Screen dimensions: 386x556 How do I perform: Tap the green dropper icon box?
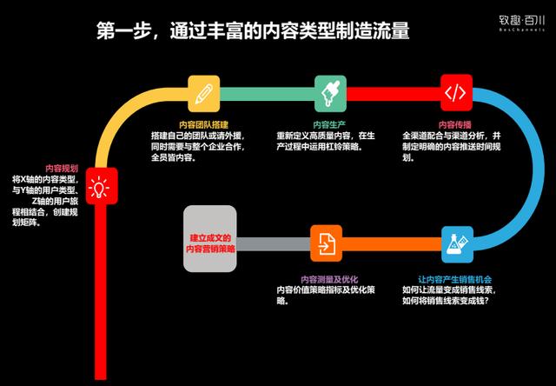tap(330, 91)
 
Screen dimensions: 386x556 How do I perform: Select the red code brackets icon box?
tap(457, 91)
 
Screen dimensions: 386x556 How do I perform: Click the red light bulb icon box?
tap(103, 184)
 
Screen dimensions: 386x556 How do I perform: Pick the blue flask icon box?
tap(457, 243)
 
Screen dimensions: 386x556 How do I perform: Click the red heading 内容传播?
tap(456, 123)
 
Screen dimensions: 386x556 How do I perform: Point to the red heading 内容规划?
tap(60, 168)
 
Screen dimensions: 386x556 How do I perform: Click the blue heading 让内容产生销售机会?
tap(455, 278)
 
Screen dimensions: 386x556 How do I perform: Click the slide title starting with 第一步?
tap(252, 33)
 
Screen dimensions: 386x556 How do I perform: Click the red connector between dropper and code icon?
tap(394, 91)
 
